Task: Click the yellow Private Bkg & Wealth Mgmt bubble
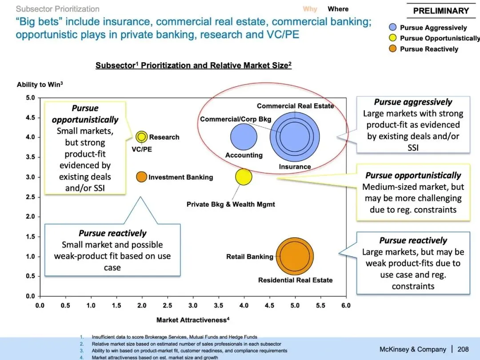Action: pyautogui.click(x=244, y=177)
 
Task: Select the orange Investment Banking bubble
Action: pyautogui.click(x=141, y=177)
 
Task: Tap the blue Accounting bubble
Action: pyautogui.click(x=244, y=137)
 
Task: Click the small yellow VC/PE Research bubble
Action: pyautogui.click(x=141, y=136)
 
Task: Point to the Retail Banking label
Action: pyautogui.click(x=250, y=257)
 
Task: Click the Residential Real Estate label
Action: pyautogui.click(x=295, y=280)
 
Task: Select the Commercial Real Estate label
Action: pyautogui.click(x=295, y=106)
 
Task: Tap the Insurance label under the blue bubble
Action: pyautogui.click(x=295, y=167)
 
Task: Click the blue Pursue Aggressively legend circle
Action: pyautogui.click(x=392, y=28)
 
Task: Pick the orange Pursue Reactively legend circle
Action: pyautogui.click(x=392, y=49)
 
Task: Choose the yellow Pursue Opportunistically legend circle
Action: pyautogui.click(x=392, y=38)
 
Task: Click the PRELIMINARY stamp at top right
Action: pyautogui.click(x=441, y=11)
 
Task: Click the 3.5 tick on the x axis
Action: pyautogui.click(x=218, y=305)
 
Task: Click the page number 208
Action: pyautogui.click(x=463, y=349)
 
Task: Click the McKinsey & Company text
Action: pyautogui.click(x=413, y=349)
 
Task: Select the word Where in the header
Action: pyautogui.click(x=338, y=9)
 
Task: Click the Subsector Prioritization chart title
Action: pyautogui.click(x=193, y=65)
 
